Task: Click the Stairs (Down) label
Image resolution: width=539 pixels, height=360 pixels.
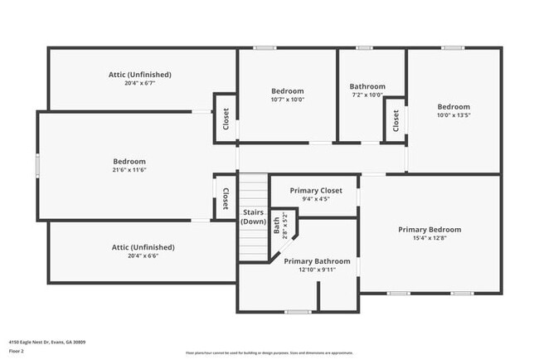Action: pyautogui.click(x=253, y=216)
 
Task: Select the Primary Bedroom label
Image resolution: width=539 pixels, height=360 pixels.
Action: pyautogui.click(x=430, y=230)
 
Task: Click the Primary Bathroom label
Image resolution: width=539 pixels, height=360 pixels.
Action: pyautogui.click(x=317, y=261)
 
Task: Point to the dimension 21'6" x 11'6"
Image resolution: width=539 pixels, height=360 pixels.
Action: pyautogui.click(x=129, y=170)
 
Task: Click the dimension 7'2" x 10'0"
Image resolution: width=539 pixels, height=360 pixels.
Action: pyautogui.click(x=367, y=95)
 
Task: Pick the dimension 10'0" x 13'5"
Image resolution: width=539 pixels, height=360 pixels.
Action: pyautogui.click(x=454, y=115)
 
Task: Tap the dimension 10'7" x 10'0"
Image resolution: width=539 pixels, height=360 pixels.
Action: pyautogui.click(x=288, y=100)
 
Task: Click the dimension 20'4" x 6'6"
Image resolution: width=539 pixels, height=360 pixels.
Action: pyautogui.click(x=143, y=255)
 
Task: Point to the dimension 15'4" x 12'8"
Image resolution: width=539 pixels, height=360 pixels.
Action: pyautogui.click(x=430, y=239)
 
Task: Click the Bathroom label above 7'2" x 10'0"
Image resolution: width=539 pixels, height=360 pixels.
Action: pyautogui.click(x=367, y=86)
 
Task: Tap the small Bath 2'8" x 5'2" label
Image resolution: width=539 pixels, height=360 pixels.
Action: pyautogui.click(x=281, y=224)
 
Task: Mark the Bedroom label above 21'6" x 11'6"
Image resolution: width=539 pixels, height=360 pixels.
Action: pyautogui.click(x=129, y=162)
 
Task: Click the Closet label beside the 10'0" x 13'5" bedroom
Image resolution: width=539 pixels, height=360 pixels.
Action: pyautogui.click(x=396, y=121)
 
